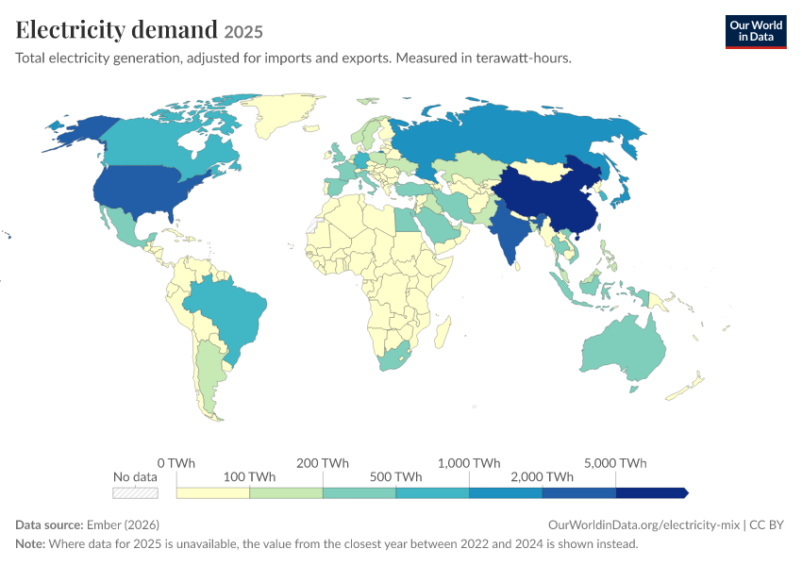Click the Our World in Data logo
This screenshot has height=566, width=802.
click(756, 32)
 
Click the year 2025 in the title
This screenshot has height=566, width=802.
click(243, 32)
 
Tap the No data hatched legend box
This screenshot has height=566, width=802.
click(136, 492)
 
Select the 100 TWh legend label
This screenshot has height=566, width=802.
click(249, 476)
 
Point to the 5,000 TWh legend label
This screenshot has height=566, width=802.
click(615, 463)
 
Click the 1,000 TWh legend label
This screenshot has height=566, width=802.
click(469, 463)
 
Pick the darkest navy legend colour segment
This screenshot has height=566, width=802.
click(652, 492)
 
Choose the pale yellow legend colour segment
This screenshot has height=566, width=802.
click(213, 492)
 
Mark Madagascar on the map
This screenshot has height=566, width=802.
click(443, 332)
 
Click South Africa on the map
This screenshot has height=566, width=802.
click(394, 358)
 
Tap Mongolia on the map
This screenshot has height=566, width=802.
click(537, 170)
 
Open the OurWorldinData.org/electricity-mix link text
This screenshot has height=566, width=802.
click(643, 524)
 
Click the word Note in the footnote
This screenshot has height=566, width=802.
click(29, 543)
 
